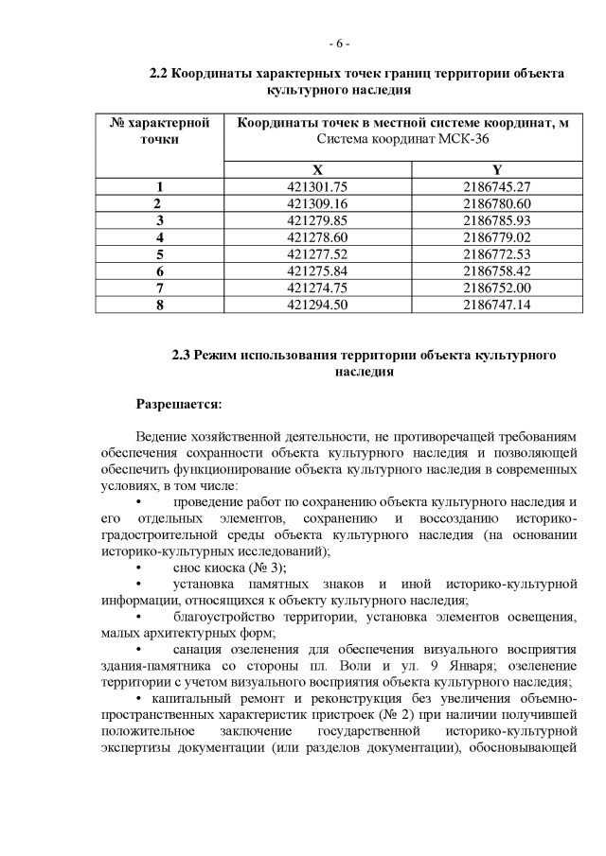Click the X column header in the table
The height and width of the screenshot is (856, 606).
tap(317, 170)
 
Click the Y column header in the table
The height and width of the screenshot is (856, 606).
tap(496, 170)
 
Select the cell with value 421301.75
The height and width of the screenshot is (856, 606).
tap(317, 187)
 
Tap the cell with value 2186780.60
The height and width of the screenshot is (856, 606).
tap(496, 203)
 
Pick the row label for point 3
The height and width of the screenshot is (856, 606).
tap(159, 220)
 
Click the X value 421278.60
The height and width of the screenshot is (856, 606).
tap(317, 236)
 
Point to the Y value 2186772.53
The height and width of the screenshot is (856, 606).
tap(496, 253)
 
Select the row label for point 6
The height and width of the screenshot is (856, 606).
tap(159, 271)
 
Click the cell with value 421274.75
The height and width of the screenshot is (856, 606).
tap(317, 287)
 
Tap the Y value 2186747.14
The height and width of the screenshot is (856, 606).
tap(496, 304)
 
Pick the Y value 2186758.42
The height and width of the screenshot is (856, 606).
tap(496, 271)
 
